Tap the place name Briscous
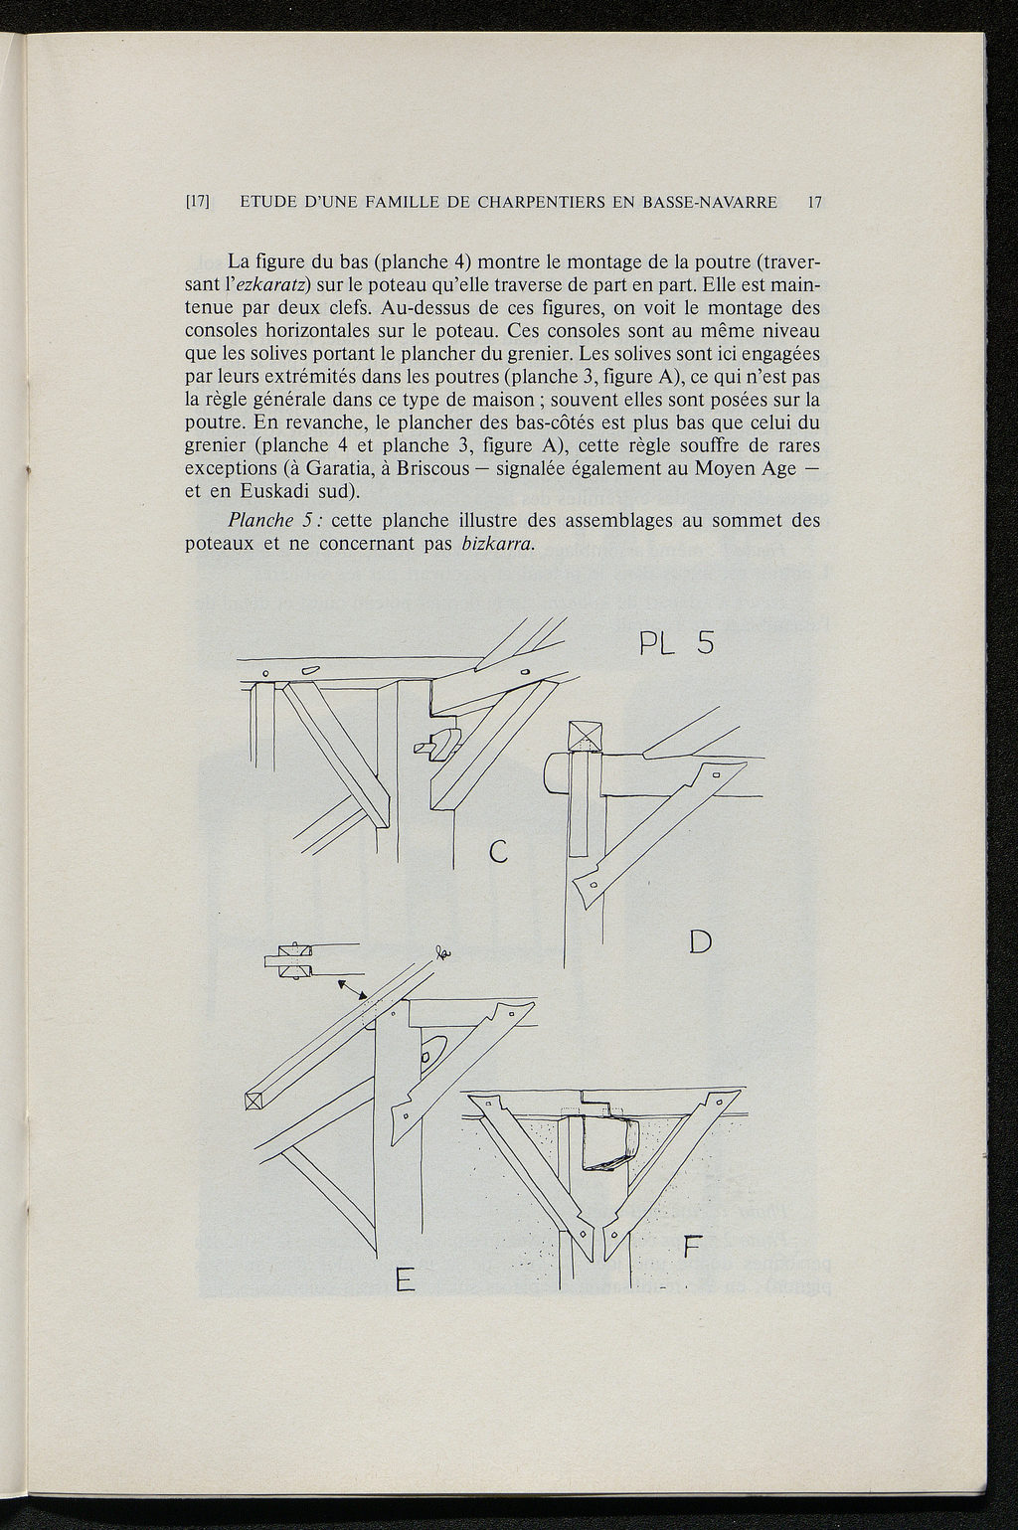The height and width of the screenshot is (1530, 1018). point(430,468)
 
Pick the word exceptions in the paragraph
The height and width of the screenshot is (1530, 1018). point(232,468)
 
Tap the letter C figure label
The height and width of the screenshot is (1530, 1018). point(499,852)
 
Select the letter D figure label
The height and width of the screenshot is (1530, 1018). point(700,939)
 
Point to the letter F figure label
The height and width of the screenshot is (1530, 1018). point(693,1245)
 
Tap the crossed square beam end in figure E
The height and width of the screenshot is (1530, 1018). point(254,1101)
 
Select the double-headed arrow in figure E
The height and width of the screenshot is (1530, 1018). point(353,988)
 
